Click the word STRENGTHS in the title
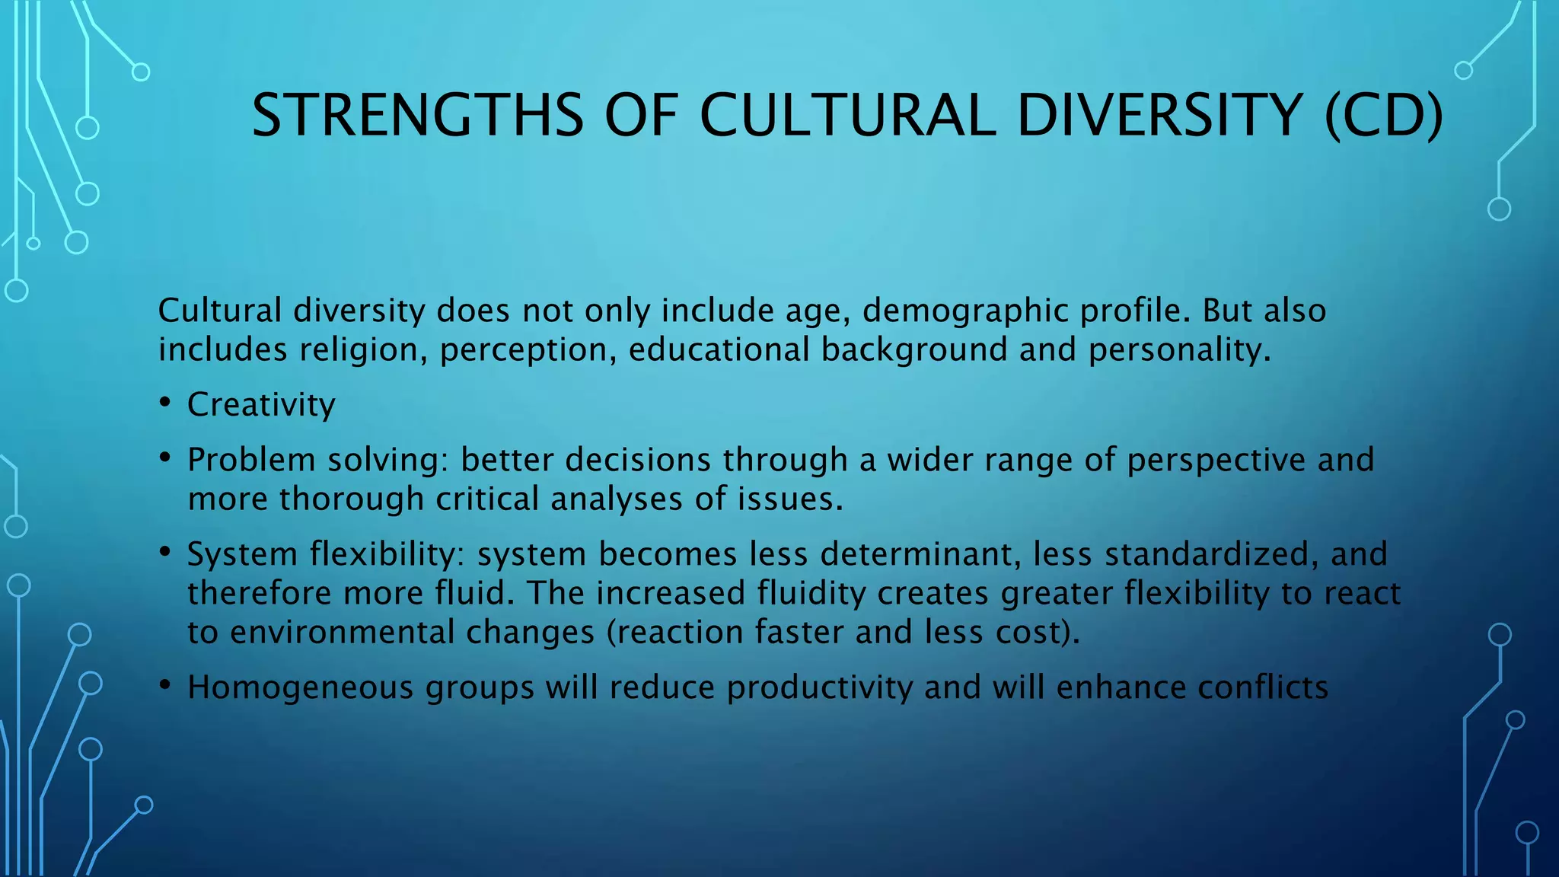(417, 116)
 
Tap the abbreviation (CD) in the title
(1383, 116)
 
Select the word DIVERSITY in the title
(1159, 116)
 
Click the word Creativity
(261, 405)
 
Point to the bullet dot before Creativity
(165, 403)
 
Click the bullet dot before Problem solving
(165, 458)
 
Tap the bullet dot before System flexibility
(165, 552)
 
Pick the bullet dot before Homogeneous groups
(165, 686)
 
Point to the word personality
(1179, 350)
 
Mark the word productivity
(819, 687)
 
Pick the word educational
(719, 350)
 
